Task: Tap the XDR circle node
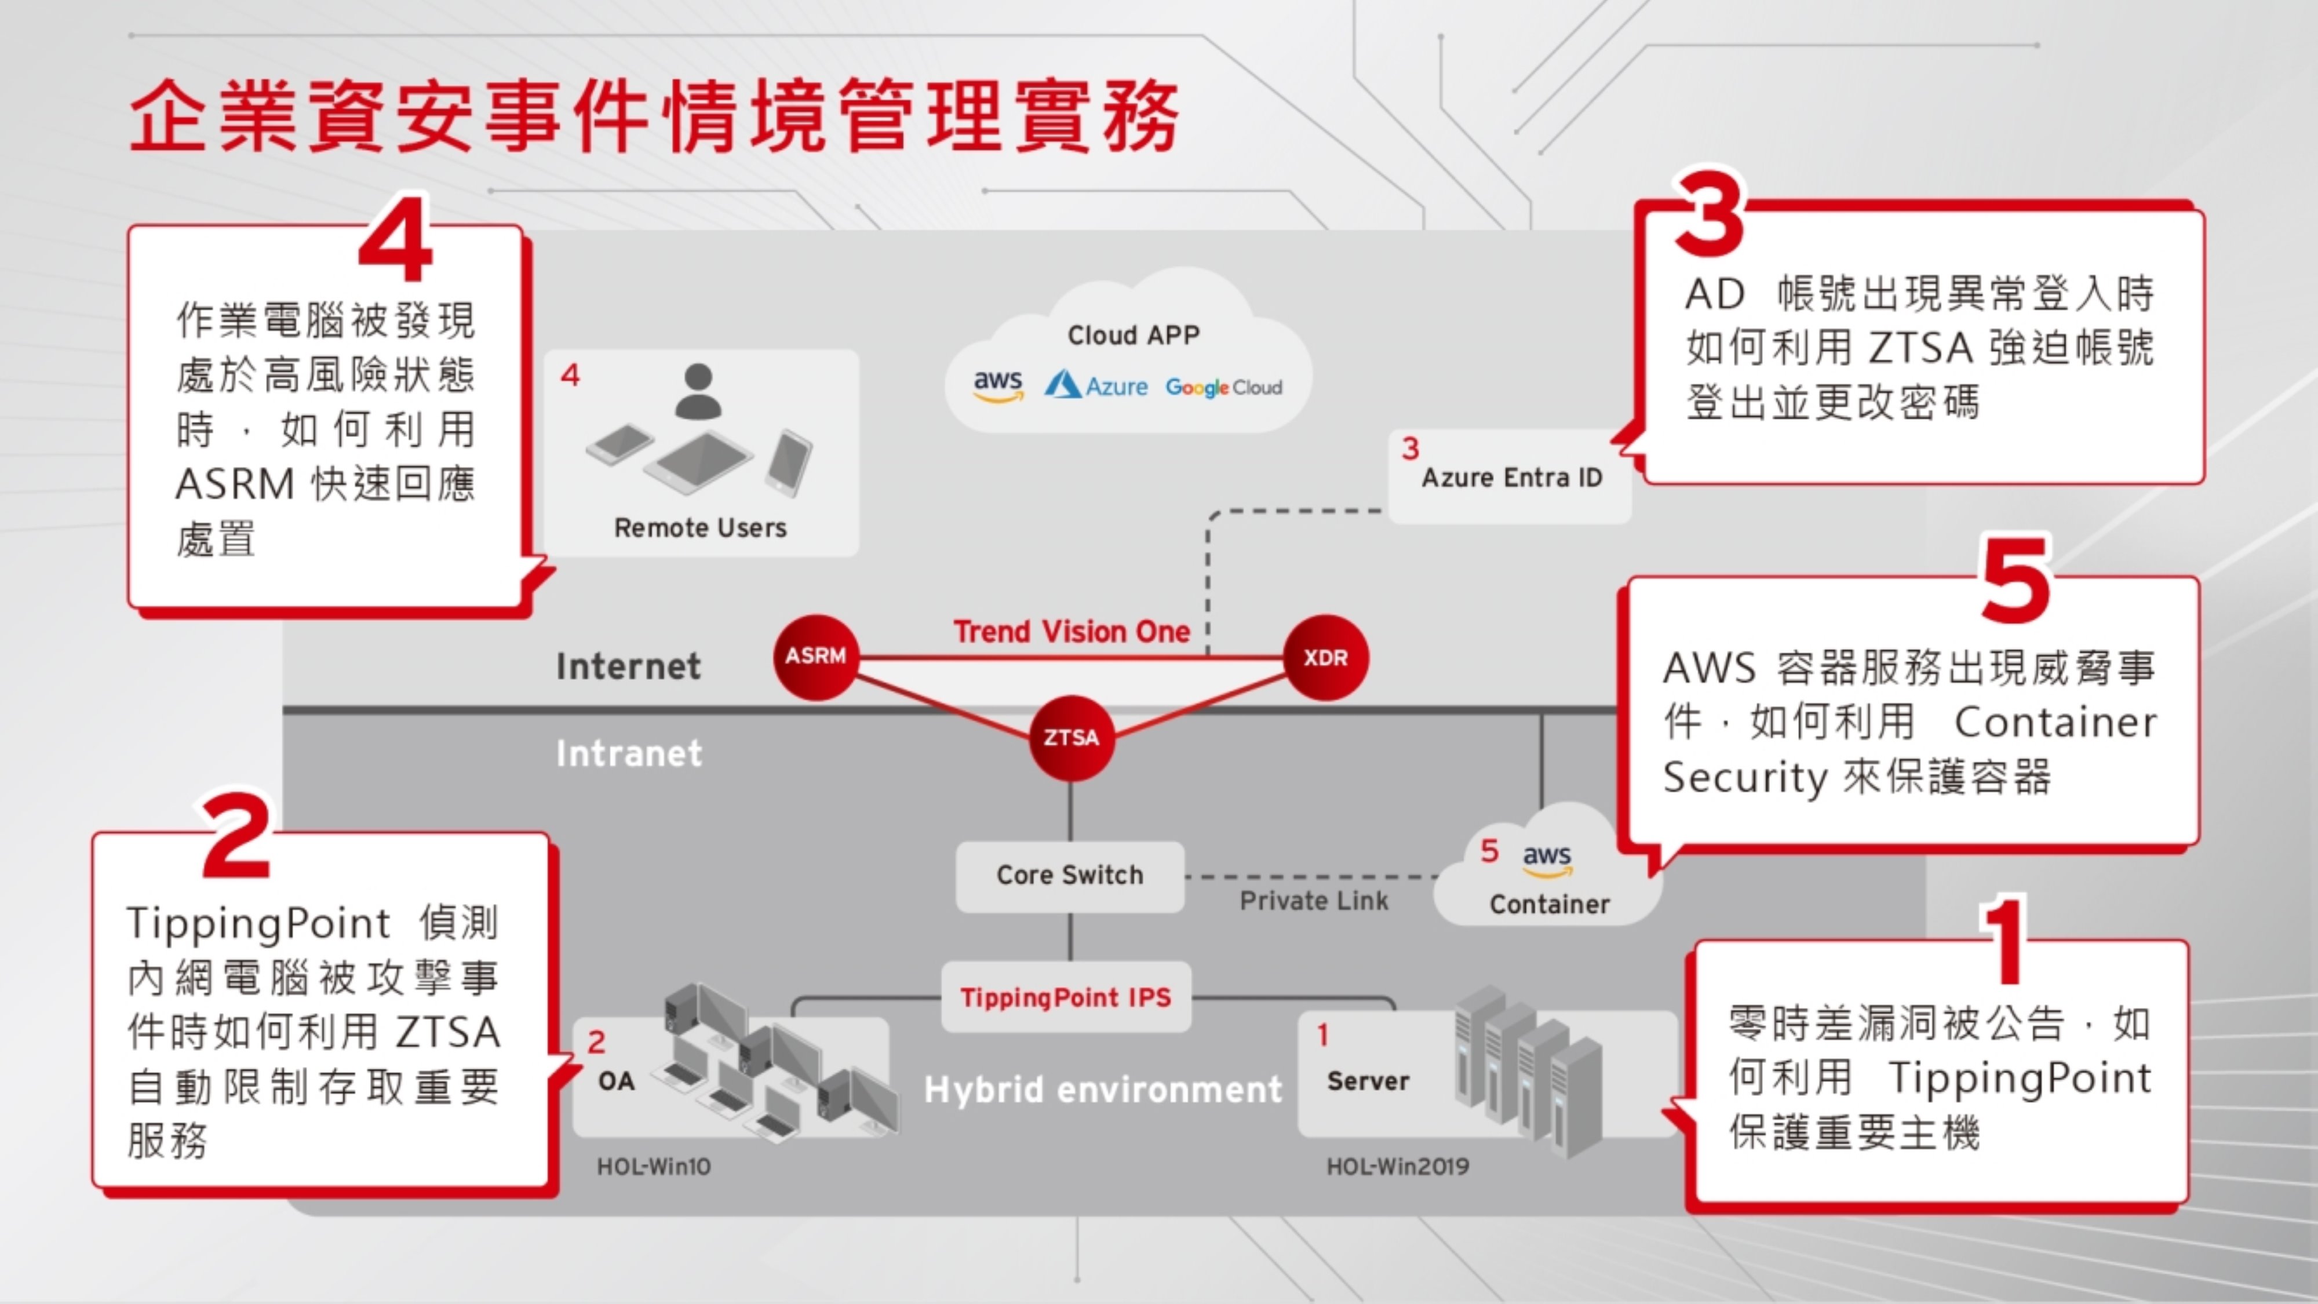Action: coord(1325,657)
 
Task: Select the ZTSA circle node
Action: coord(1070,738)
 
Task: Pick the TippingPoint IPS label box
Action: coord(1066,997)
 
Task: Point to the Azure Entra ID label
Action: coord(1512,478)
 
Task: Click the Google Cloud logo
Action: coord(1223,388)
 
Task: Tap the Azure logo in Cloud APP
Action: coord(1096,386)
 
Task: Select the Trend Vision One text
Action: coord(1071,632)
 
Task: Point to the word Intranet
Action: coord(628,753)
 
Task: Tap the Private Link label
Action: coord(1314,901)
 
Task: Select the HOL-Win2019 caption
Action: coord(1397,1166)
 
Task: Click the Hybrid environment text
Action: coord(1102,1090)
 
